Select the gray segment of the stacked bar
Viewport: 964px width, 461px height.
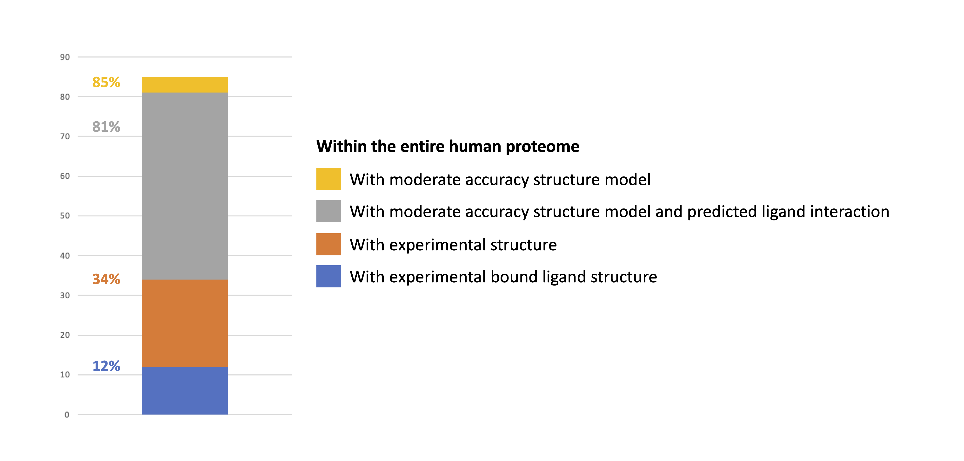[185, 186]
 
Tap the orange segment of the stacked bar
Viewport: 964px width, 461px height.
[185, 323]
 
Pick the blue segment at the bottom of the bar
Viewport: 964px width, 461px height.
[185, 390]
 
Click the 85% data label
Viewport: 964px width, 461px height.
[106, 82]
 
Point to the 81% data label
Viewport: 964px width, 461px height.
[106, 127]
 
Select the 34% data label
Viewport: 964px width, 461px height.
[106, 279]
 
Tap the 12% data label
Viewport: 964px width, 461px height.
[106, 366]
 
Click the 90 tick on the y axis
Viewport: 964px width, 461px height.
[65, 57]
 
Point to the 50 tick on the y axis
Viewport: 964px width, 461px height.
[65, 216]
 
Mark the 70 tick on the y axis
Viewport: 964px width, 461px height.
[65, 136]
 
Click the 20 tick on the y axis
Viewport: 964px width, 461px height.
[65, 335]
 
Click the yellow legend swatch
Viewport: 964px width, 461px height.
[328, 179]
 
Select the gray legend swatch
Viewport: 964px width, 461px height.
[328, 211]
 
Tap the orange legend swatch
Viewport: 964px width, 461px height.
[328, 244]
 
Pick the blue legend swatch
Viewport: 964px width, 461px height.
[328, 276]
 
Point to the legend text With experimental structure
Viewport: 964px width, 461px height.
[453, 245]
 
